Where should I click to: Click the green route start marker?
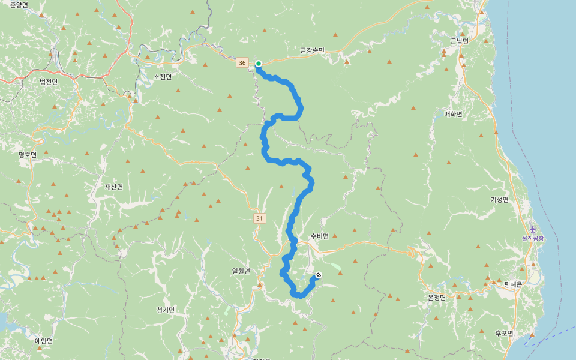click(259, 64)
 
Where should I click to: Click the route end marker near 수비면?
click(319, 275)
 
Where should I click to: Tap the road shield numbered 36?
click(242, 62)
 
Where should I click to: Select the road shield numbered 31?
click(259, 218)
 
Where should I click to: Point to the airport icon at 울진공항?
click(533, 229)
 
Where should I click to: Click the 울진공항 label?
click(533, 238)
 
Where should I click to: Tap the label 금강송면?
click(312, 50)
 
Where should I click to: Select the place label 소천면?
click(163, 77)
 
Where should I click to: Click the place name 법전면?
click(49, 82)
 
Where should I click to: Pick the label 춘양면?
click(19, 5)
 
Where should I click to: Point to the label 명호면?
click(28, 155)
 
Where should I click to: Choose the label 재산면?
click(114, 187)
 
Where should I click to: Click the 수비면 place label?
click(320, 236)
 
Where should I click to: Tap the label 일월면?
click(241, 271)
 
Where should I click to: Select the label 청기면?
click(165, 310)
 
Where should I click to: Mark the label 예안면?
click(44, 341)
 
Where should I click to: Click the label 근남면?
click(460, 41)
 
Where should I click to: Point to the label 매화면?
click(453, 114)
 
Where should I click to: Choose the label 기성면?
click(499, 200)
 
